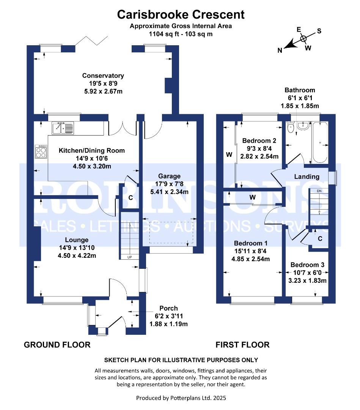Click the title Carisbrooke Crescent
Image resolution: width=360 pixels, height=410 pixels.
[181, 15]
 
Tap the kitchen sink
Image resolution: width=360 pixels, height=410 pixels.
[63, 128]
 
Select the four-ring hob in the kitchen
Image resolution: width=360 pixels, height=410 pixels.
[41, 151]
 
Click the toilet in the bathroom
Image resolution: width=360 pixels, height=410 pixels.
[290, 128]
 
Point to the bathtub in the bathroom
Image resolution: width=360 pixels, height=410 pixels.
[320, 142]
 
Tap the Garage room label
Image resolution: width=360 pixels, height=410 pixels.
[169, 176]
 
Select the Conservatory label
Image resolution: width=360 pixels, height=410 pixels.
[103, 76]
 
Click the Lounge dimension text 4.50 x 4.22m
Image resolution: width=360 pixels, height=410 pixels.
[77, 255]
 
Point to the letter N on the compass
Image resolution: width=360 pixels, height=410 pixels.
[280, 50]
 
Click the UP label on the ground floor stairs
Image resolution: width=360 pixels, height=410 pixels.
[130, 257]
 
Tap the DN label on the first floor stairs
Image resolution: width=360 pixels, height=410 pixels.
[319, 191]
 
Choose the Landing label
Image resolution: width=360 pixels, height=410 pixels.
[307, 177]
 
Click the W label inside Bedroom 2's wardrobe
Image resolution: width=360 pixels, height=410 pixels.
[229, 155]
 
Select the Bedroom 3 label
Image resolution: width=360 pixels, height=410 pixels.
[308, 265]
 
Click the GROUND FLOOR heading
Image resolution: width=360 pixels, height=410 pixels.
[57, 345]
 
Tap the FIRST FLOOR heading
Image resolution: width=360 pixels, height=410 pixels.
[242, 345]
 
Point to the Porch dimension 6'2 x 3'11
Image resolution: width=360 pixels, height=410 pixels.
[168, 316]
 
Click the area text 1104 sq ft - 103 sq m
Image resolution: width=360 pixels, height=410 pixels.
[181, 34]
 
